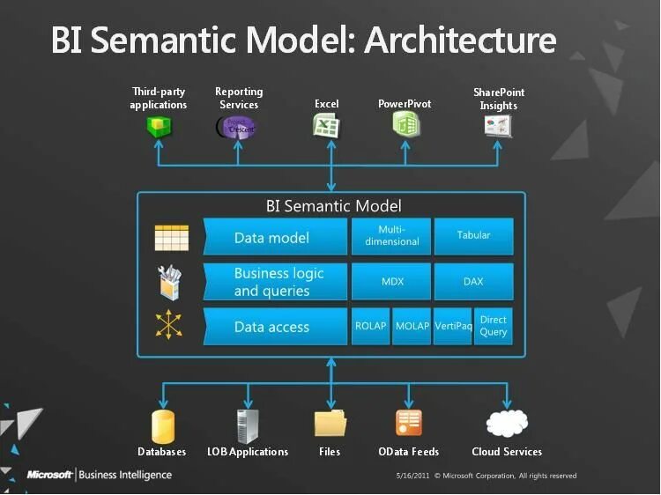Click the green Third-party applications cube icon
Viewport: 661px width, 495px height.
click(159, 127)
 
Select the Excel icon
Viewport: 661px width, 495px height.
click(326, 126)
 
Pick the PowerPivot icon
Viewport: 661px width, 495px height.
click(405, 126)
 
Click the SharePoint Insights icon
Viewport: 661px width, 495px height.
click(498, 126)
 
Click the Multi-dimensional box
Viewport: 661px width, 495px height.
click(391, 236)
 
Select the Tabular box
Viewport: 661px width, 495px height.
click(473, 236)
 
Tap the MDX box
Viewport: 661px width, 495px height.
click(391, 282)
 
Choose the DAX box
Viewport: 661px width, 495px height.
click(473, 282)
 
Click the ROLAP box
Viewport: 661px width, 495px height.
click(370, 327)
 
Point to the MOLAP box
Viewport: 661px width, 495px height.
click(412, 327)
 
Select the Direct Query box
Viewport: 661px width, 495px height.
click(494, 327)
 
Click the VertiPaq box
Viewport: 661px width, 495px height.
click(453, 327)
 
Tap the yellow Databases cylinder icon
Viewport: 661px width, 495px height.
click(162, 425)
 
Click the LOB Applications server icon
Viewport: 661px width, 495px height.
click(247, 425)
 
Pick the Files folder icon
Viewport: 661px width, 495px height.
click(330, 424)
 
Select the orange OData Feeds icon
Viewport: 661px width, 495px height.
click(408, 424)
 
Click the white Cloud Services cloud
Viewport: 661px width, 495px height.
click(506, 425)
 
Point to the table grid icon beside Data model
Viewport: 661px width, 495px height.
click(171, 238)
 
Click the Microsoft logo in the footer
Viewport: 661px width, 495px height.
click(48, 475)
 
